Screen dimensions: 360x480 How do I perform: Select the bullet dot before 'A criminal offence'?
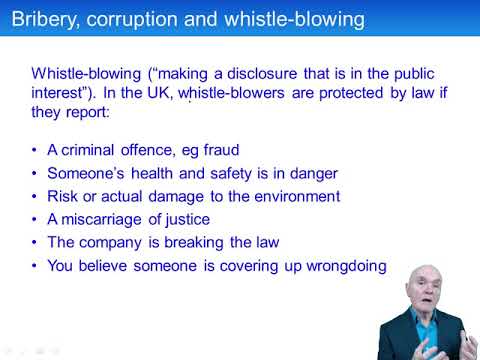click(36, 150)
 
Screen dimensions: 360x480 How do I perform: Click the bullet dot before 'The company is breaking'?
click(36, 242)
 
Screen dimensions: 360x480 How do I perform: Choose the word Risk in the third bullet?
click(65, 196)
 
